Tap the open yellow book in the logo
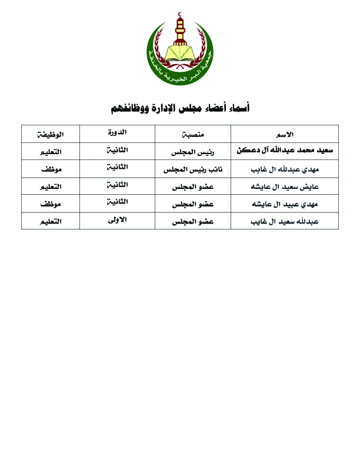coord(180,52)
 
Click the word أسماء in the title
coord(238,108)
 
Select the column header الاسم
coord(285,134)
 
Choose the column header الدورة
coord(117,133)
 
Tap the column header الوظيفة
coord(51,134)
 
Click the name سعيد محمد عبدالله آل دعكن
coord(285,151)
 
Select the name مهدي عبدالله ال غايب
coord(285,169)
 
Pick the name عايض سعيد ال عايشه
coord(285,187)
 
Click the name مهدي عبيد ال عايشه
coord(285,204)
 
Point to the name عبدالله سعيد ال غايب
coord(285,222)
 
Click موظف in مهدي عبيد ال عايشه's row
coord(51,204)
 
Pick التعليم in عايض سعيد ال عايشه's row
coord(51,187)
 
